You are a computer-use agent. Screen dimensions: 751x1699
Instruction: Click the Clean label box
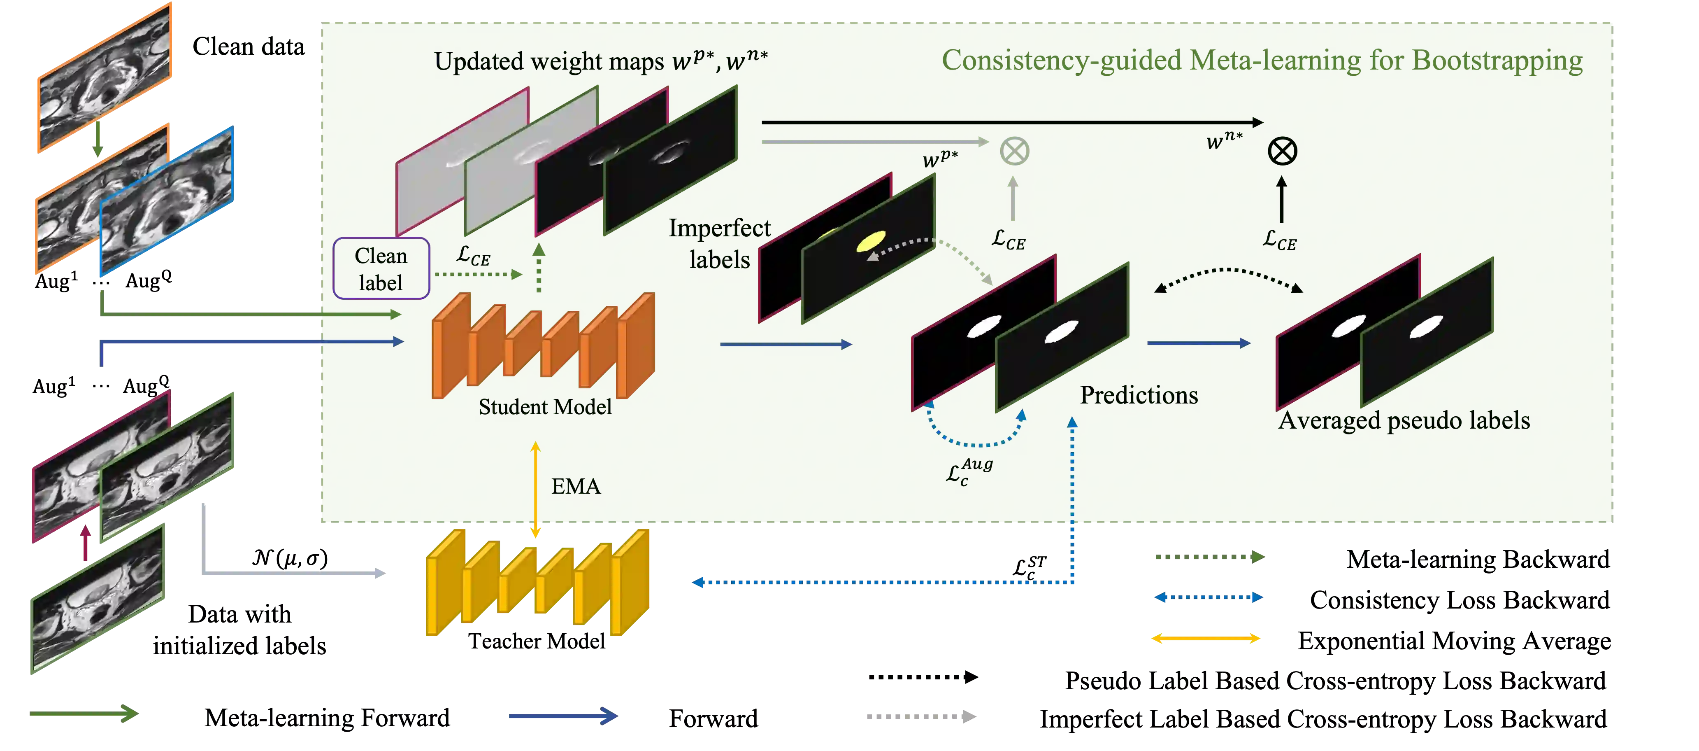point(381,268)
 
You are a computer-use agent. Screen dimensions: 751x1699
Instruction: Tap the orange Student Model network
point(543,346)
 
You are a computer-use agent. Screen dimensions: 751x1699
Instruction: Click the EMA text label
point(576,486)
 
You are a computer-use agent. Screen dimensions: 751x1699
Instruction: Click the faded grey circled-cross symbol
point(1014,151)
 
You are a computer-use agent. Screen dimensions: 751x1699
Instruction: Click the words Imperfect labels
point(720,243)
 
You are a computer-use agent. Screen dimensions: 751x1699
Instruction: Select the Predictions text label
point(1139,394)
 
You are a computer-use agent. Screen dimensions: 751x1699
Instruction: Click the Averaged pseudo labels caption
point(1404,420)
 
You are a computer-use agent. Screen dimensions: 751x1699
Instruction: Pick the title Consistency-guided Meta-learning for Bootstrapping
point(1261,61)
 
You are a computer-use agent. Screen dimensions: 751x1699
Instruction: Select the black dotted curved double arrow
point(1228,276)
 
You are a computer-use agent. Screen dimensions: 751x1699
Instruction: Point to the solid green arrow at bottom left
point(84,714)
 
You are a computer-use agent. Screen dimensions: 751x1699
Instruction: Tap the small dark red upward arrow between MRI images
point(85,543)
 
